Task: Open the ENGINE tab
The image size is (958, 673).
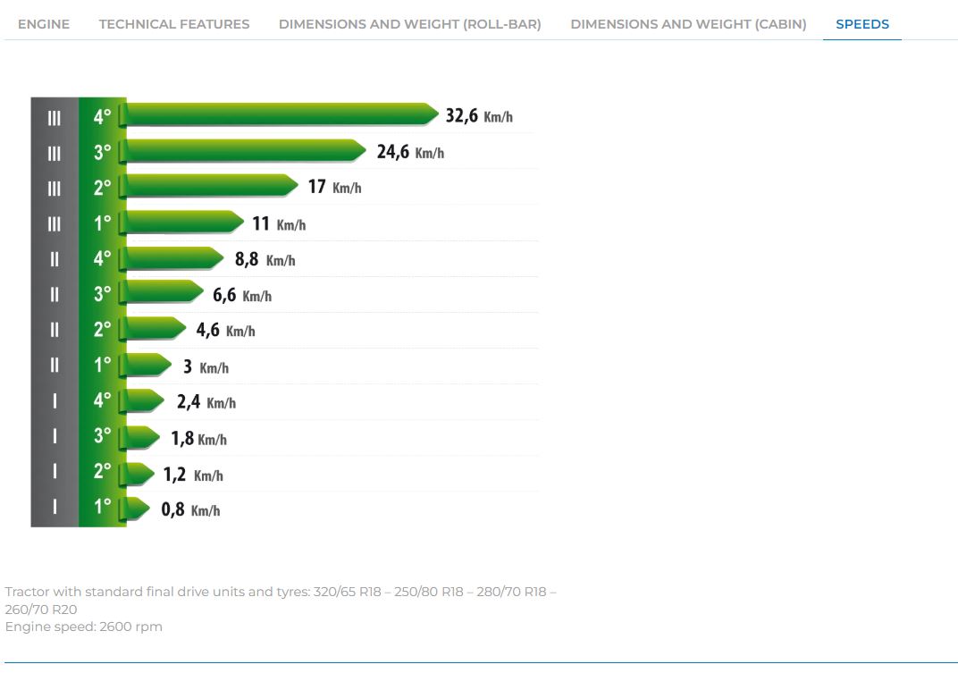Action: [x=44, y=24]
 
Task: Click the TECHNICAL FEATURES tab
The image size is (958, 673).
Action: [x=174, y=24]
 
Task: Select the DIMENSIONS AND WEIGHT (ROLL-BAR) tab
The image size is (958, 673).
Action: [x=409, y=24]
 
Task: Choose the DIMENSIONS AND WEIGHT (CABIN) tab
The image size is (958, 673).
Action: [x=688, y=24]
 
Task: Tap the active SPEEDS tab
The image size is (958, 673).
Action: [x=862, y=24]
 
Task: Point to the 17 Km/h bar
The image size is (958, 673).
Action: [x=209, y=186]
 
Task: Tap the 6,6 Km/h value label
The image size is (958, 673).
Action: [x=241, y=295]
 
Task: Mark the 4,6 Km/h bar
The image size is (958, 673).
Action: [x=153, y=329]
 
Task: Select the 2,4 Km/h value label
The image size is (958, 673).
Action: [x=206, y=402]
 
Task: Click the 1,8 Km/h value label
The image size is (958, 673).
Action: [x=198, y=439]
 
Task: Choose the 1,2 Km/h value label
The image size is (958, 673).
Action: [x=192, y=475]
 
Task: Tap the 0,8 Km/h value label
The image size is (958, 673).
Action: [x=190, y=510]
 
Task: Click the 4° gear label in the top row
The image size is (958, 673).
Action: [x=103, y=116]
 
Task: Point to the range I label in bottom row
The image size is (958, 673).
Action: [x=55, y=507]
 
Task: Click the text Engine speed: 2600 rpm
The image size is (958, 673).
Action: [x=84, y=627]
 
